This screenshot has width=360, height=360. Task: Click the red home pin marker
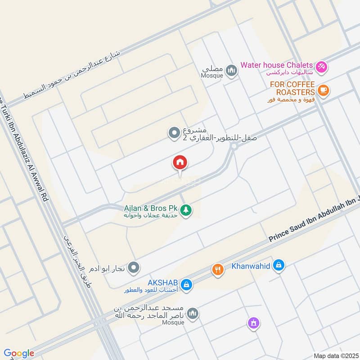point(180,162)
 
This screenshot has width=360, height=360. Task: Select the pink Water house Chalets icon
point(321,67)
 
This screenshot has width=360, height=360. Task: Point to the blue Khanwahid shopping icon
point(279,266)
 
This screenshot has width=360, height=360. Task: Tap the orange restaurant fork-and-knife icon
point(218,270)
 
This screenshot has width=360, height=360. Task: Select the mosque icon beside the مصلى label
point(231,71)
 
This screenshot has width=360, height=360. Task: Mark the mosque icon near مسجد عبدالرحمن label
point(193,314)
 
